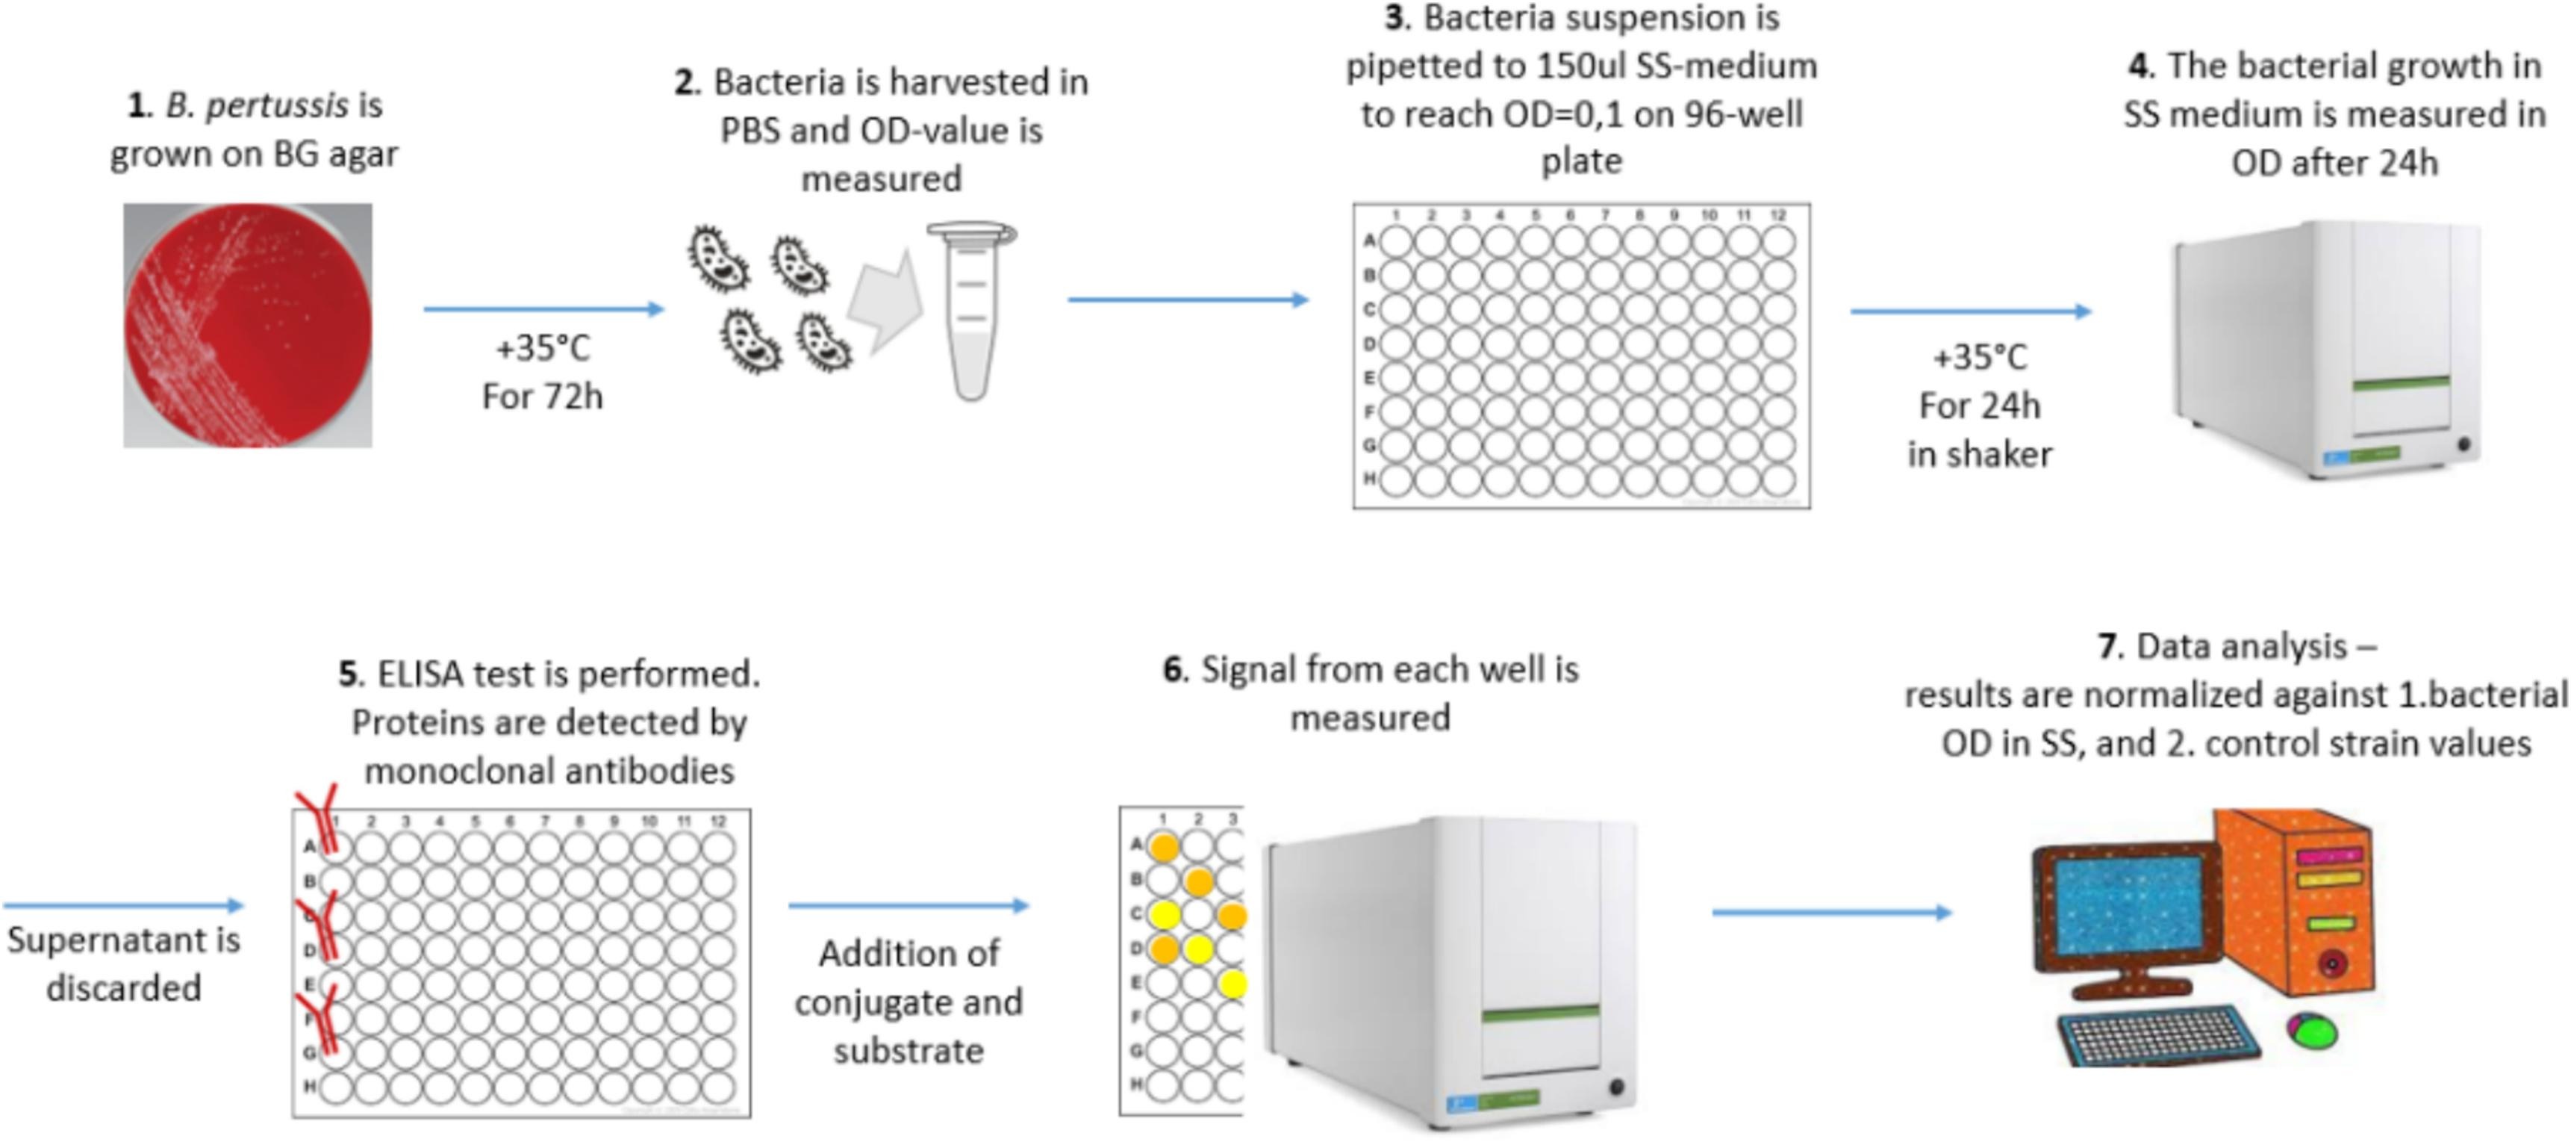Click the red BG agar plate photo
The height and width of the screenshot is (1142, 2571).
coord(248,326)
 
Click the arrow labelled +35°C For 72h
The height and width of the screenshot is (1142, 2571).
coord(544,309)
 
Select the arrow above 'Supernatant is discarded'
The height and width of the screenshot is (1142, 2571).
coord(124,905)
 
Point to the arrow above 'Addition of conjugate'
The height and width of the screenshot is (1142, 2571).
coord(909,905)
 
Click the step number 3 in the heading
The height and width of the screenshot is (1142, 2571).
coord(1395,18)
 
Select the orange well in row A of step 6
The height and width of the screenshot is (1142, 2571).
coord(1164,848)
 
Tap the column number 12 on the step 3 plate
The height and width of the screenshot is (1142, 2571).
coord(1777,214)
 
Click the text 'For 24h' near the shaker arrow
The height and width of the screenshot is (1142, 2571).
coord(1979,406)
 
